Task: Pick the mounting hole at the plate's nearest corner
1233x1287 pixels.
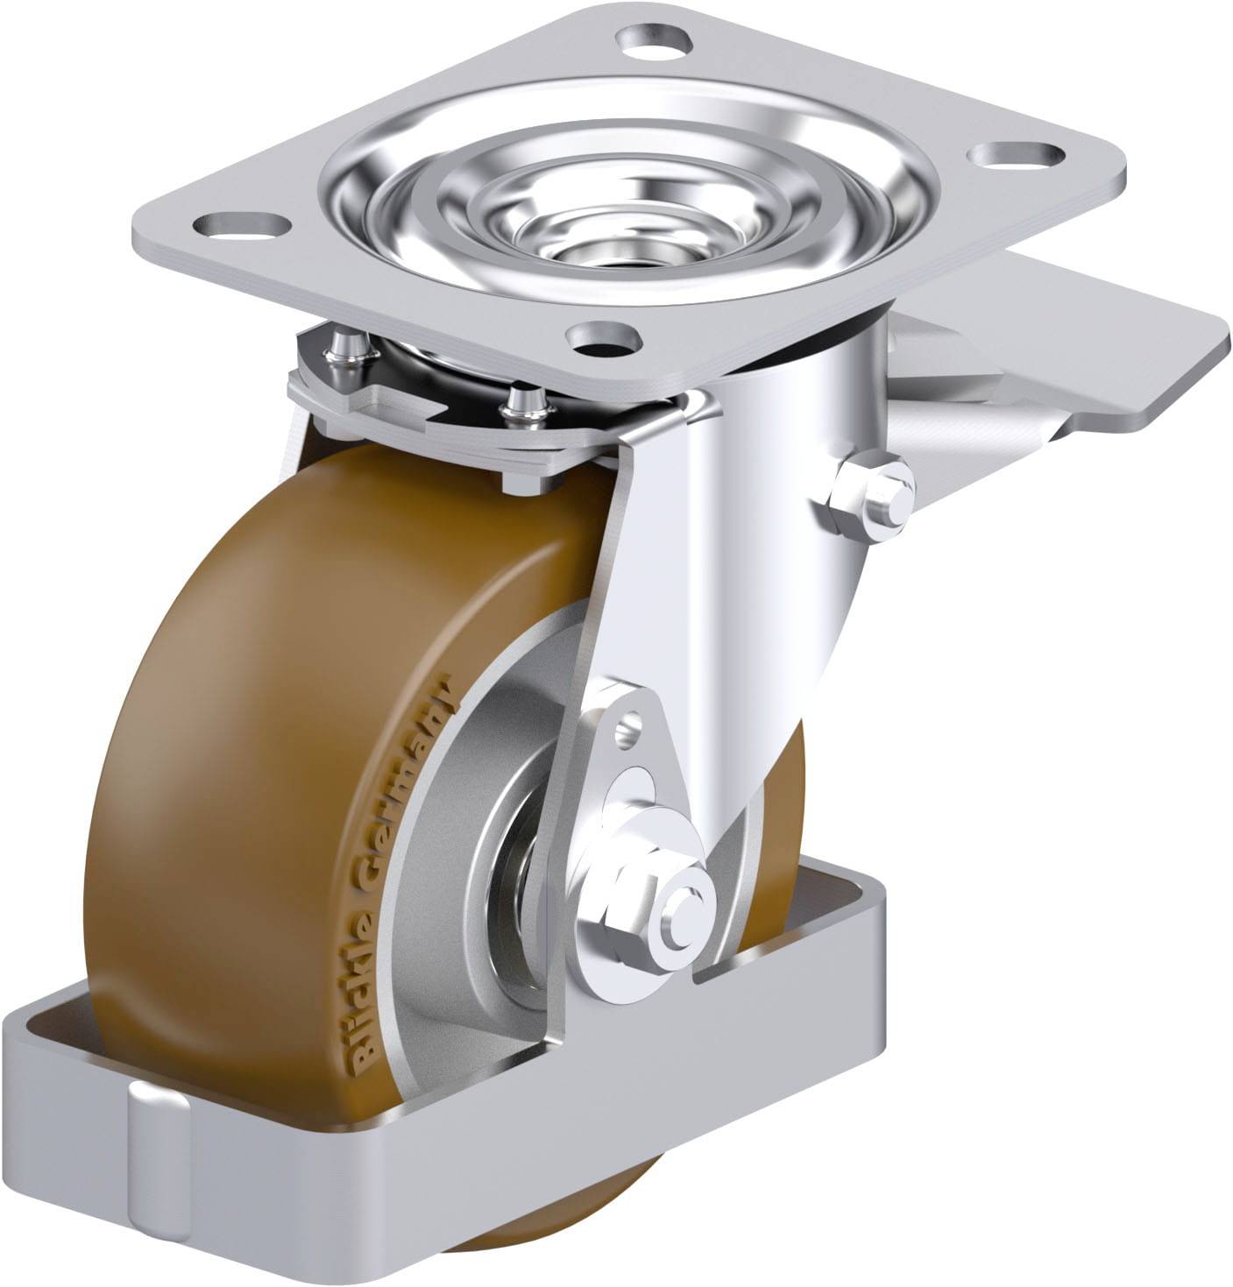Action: (604, 337)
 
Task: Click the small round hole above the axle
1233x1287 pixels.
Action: (629, 729)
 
